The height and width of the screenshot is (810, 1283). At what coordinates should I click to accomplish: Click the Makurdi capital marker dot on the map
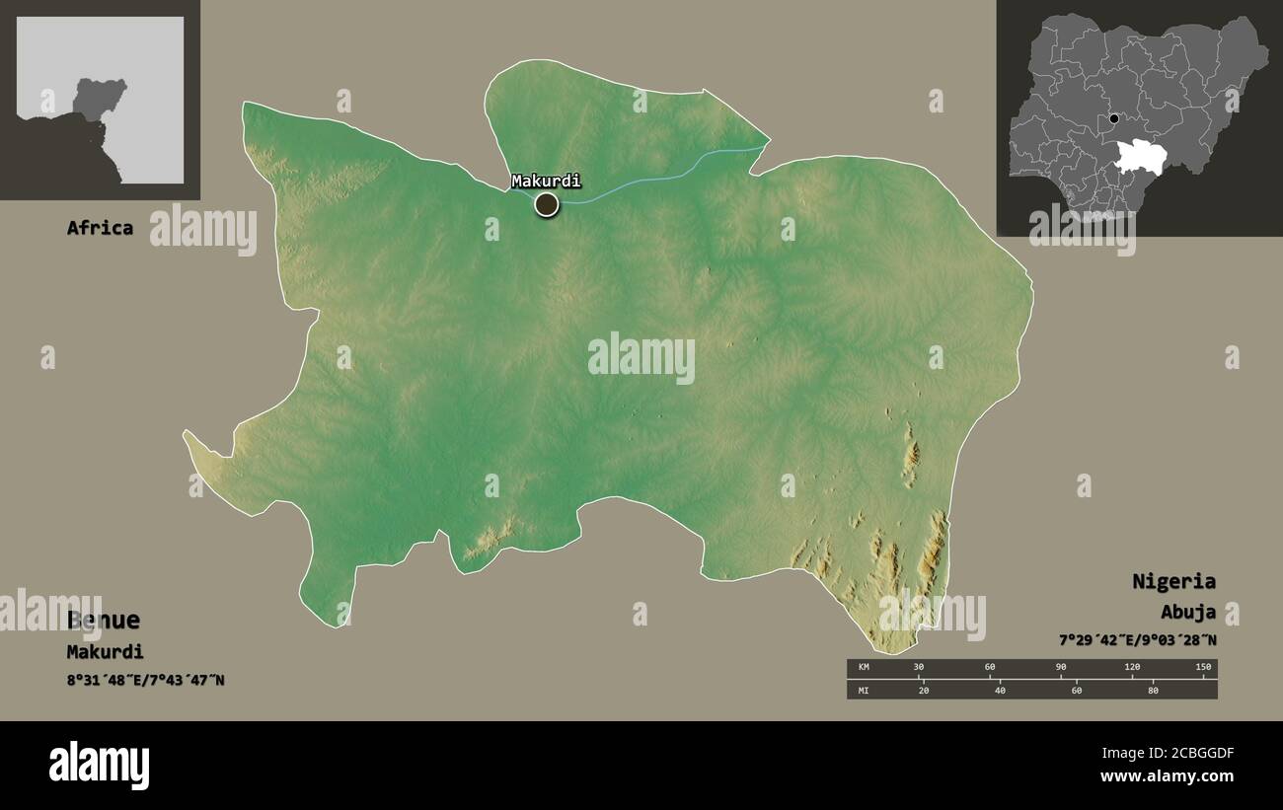click(x=546, y=204)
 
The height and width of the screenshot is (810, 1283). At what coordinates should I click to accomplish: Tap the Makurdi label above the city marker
click(x=546, y=181)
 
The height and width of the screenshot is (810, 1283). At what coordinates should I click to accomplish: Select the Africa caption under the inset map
click(x=100, y=228)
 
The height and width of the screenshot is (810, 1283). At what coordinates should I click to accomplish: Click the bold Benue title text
click(x=104, y=621)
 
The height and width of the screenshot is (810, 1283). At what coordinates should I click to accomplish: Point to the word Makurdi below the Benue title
click(x=105, y=651)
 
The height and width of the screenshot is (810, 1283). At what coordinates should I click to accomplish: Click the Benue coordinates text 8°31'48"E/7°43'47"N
click(x=145, y=680)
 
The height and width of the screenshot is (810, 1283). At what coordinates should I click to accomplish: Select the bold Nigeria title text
click(x=1173, y=581)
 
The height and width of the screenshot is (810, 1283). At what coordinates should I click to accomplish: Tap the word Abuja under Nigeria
click(x=1187, y=613)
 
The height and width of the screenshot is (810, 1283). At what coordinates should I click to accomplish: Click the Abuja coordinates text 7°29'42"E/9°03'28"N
click(x=1137, y=640)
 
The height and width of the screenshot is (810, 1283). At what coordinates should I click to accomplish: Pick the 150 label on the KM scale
click(x=1203, y=668)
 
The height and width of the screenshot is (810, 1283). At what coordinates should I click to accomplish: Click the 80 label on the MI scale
click(x=1153, y=690)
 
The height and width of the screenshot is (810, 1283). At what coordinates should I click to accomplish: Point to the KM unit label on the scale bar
click(x=863, y=668)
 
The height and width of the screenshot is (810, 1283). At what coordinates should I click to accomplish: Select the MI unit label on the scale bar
click(x=863, y=690)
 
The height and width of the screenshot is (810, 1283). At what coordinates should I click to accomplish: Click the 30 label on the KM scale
click(x=919, y=668)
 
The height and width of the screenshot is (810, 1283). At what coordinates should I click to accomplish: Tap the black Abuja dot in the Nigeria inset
click(x=1114, y=119)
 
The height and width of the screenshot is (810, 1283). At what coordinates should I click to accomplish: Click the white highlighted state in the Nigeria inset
click(x=1147, y=155)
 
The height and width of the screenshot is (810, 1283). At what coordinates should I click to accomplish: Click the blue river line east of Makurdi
click(x=671, y=174)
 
